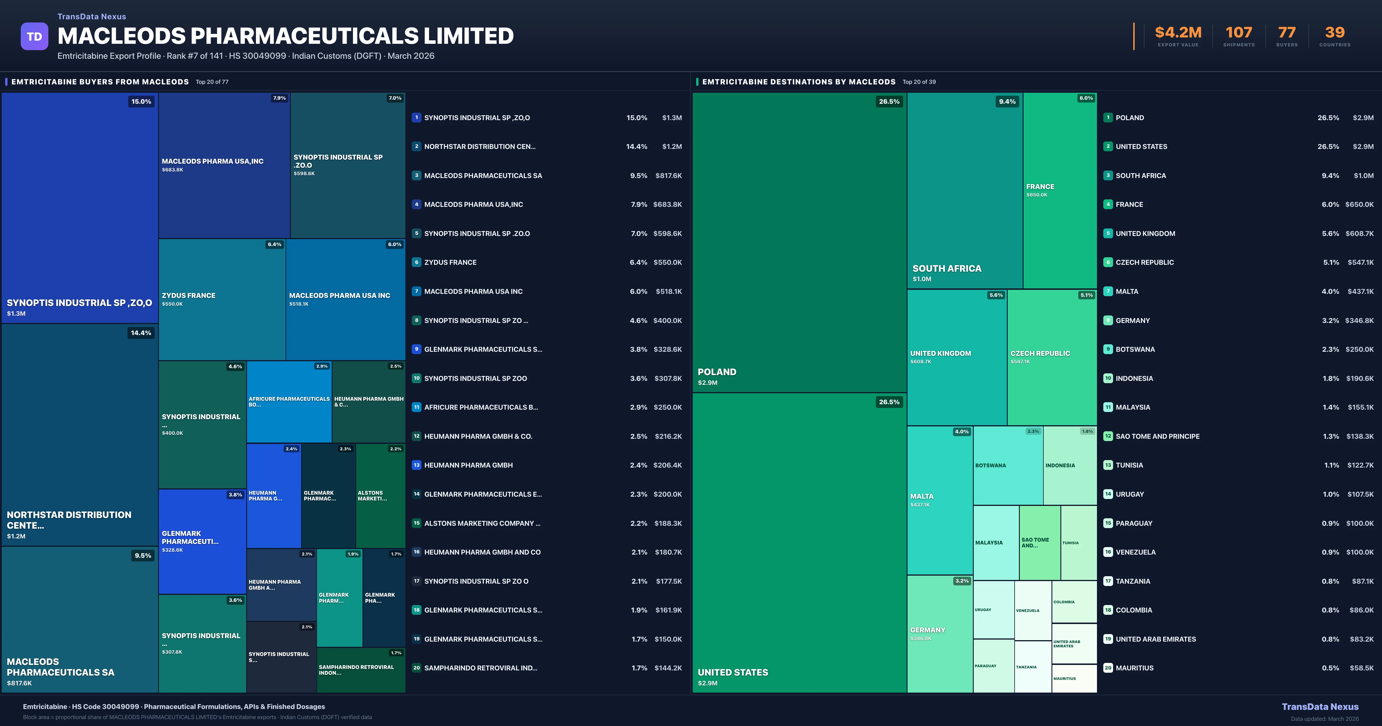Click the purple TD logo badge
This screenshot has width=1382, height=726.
tap(34, 37)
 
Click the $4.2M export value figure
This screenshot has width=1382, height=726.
tap(1178, 33)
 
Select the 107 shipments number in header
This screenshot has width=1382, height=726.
tap(1239, 33)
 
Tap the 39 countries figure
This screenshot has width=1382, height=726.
tap(1335, 33)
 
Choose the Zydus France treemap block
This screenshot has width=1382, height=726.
tap(222, 299)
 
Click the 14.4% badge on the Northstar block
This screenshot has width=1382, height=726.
tap(141, 333)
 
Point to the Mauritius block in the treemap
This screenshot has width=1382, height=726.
tap(1074, 678)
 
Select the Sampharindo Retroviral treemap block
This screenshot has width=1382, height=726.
tap(360, 670)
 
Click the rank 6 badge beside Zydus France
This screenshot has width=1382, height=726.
tap(416, 262)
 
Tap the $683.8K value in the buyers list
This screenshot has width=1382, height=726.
tap(667, 205)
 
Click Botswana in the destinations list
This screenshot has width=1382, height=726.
tap(1135, 349)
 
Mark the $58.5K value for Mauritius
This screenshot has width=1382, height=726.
tap(1362, 668)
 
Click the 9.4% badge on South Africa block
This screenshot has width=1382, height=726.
tap(1007, 101)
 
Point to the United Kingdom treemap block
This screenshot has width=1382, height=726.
tap(956, 357)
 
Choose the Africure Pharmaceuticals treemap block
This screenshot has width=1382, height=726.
tap(289, 402)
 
